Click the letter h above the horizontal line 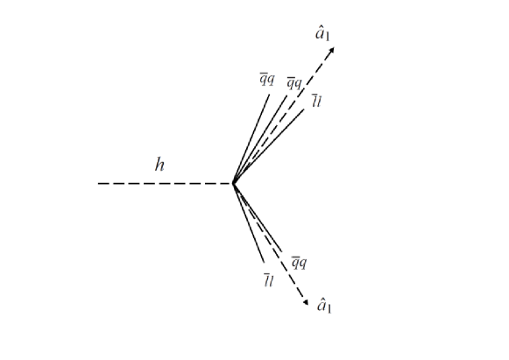pos(159,164)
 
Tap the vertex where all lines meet pos(233,184)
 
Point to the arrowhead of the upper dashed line pos(333,50)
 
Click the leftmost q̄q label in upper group pos(265,80)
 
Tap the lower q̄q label pos(299,262)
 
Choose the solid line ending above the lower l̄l pos(249,223)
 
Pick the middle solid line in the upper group pos(259,138)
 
